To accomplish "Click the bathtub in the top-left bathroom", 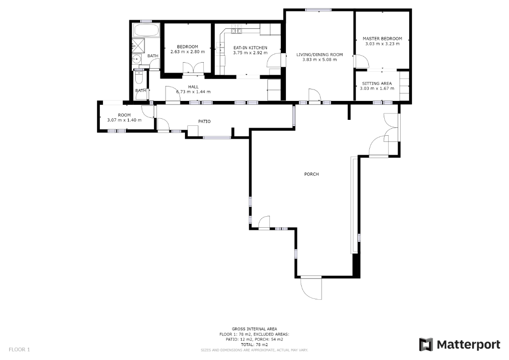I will pos(146,30).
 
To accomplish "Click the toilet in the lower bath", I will pos(139,78).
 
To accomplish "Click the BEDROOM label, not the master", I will pos(187,47).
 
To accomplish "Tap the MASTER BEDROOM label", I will pos(382,38).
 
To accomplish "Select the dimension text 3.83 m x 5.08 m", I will pos(319,60).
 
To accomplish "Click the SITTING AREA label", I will pos(376,83).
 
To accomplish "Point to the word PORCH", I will pos(311,174).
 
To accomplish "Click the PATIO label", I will pos(204,121).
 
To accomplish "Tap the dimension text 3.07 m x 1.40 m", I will pos(124,120).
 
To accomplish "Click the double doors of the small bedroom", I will pos(193,69).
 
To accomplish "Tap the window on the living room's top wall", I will pos(318,9).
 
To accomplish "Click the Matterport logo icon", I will pos(425,344).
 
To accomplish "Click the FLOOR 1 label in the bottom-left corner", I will pos(19,350).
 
